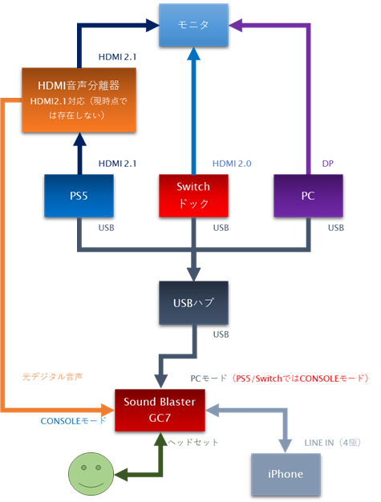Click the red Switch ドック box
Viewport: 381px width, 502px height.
tap(193, 196)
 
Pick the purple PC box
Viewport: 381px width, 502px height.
tap(309, 196)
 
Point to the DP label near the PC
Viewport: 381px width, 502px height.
tap(327, 163)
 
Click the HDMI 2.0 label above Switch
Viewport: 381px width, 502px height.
tap(233, 163)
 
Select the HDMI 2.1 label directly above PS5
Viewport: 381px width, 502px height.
tap(117, 163)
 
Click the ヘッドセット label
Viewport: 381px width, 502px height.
tap(196, 442)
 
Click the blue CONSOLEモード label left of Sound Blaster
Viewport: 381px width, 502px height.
tap(73, 420)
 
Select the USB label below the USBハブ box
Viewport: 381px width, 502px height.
tap(220, 334)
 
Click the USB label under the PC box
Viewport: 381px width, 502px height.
tap(336, 228)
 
